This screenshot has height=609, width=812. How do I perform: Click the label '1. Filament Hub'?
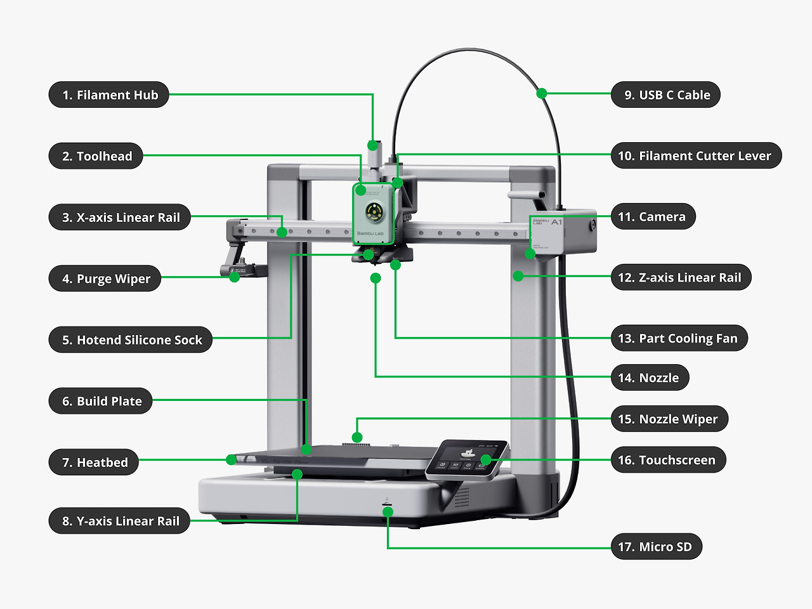pyautogui.click(x=109, y=95)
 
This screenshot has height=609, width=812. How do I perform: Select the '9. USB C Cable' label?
pyautogui.click(x=665, y=95)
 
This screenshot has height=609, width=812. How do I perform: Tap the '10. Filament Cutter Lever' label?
pyautogui.click(x=695, y=156)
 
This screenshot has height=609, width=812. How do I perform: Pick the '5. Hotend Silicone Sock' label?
pyautogui.click(x=131, y=340)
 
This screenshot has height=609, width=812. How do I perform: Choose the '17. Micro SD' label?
pyautogui.click(x=656, y=547)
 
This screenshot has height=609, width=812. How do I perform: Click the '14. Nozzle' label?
pyautogui.click(x=650, y=378)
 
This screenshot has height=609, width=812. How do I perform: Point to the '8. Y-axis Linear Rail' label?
pyautogui.click(x=119, y=521)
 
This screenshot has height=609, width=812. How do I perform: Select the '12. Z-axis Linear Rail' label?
pyautogui.click(x=681, y=278)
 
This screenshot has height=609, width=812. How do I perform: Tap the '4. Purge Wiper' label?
pyautogui.click(x=105, y=279)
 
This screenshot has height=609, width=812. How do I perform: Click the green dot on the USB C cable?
pyautogui.click(x=541, y=93)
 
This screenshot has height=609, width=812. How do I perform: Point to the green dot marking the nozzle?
pyautogui.click(x=376, y=278)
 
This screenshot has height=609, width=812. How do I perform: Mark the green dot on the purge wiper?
pyautogui.click(x=234, y=277)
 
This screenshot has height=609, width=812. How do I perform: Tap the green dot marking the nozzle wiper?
pyautogui.click(x=357, y=437)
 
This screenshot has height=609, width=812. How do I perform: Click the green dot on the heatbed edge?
pyautogui.click(x=232, y=459)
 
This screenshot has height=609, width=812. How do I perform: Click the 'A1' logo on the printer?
pyautogui.click(x=556, y=223)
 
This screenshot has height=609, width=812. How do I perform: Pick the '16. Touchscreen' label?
pyautogui.click(x=668, y=461)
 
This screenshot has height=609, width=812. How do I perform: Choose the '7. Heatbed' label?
pyautogui.click(x=94, y=462)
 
